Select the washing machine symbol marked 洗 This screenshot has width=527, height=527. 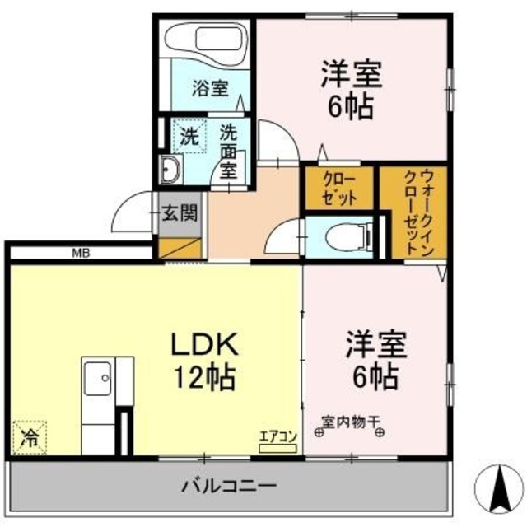point(189,137)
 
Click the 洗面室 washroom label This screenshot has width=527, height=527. point(228,151)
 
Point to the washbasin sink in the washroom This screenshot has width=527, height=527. point(170,170)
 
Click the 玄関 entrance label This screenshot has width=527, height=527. point(179,214)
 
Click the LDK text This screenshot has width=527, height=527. point(203,344)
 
